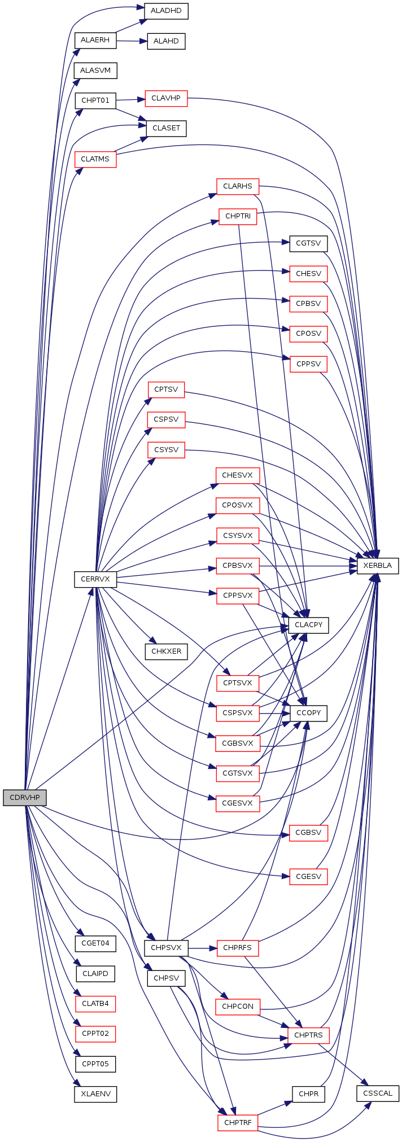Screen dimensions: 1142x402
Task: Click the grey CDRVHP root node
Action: click(x=24, y=798)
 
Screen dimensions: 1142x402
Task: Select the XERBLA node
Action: click(x=377, y=566)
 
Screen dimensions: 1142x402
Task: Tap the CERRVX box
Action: click(x=95, y=579)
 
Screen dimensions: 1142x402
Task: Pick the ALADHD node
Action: click(x=166, y=11)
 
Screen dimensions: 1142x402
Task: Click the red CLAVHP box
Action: click(x=166, y=98)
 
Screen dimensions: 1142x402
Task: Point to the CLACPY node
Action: click(x=308, y=625)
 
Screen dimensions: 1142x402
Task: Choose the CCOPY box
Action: click(x=308, y=713)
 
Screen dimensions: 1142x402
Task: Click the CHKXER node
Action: click(x=166, y=651)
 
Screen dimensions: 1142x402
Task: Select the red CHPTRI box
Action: click(x=238, y=216)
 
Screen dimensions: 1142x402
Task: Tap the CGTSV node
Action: click(x=308, y=244)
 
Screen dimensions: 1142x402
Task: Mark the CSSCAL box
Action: click(x=378, y=1093)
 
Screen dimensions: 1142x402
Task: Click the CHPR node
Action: click(x=308, y=1094)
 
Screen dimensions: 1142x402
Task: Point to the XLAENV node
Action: click(x=95, y=1094)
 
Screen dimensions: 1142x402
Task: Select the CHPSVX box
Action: click(x=166, y=948)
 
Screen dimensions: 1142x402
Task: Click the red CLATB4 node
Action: click(x=95, y=1004)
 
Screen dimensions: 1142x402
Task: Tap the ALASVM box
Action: click(x=95, y=71)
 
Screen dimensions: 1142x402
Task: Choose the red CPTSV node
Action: click(x=166, y=390)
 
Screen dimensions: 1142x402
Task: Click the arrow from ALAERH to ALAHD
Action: click(x=132, y=41)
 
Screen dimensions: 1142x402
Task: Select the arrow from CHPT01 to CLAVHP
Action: click(x=130, y=100)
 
